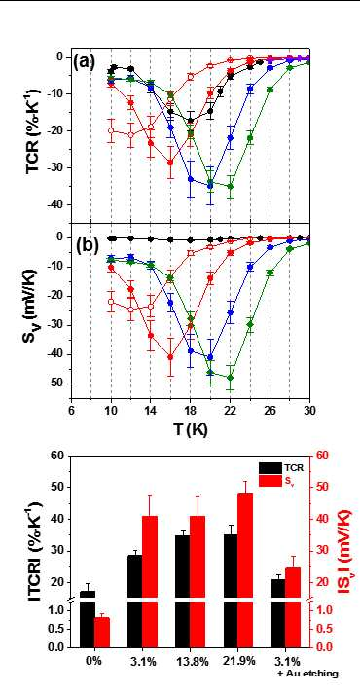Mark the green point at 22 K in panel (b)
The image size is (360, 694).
231,378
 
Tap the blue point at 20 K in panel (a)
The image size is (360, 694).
210,186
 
